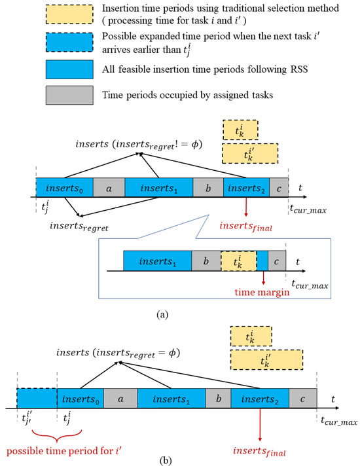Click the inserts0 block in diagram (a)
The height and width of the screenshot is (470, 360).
pos(64,187)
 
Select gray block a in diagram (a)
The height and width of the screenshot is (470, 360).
pos(109,187)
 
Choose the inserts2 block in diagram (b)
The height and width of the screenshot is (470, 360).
pos(260,397)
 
